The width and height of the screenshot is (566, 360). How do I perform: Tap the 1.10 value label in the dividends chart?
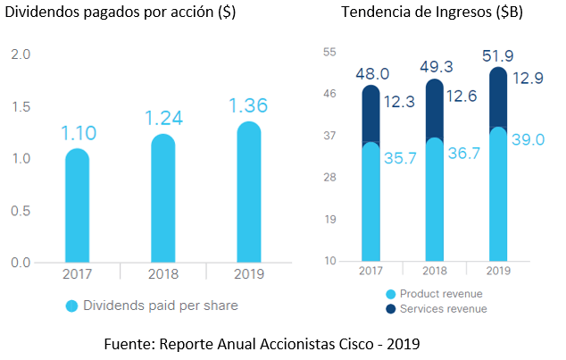tap(78, 134)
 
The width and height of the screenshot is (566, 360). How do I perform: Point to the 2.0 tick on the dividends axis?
tap(21, 54)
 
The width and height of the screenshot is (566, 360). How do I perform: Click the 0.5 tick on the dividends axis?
tap(21, 211)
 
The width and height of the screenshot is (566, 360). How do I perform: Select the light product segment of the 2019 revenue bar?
tap(498, 192)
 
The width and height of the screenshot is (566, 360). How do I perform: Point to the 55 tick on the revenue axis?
tap(329, 53)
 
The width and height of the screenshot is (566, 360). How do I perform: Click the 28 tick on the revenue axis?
tap(329, 178)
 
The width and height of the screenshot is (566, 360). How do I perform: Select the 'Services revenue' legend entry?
tap(437, 308)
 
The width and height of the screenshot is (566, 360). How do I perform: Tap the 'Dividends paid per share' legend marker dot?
tap(71, 306)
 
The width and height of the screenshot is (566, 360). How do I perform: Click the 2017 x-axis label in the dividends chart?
tap(78, 273)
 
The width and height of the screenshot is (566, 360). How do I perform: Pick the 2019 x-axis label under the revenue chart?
tap(498, 272)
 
